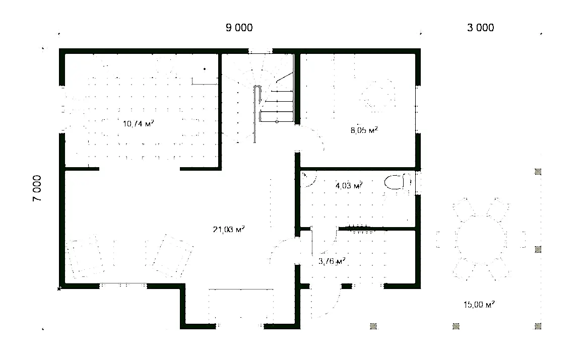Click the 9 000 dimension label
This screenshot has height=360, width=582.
[239, 28]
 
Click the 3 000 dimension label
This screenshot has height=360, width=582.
[480, 28]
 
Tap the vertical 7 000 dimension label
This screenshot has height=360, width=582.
[37, 188]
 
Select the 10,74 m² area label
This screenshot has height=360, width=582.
[139, 123]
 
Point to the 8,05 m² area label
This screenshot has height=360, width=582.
[364, 130]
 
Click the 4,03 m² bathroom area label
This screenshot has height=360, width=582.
[349, 185]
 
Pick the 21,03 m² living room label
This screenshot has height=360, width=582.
[229, 230]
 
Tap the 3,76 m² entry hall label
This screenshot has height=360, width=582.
[332, 261]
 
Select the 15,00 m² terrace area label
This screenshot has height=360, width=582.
[479, 305]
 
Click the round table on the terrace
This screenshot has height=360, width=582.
[481, 240]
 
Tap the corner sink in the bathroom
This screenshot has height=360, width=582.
[308, 179]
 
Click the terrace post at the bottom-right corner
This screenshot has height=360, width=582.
[538, 326]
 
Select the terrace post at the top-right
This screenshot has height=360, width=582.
[538, 172]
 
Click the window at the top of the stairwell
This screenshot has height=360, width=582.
[260, 51]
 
